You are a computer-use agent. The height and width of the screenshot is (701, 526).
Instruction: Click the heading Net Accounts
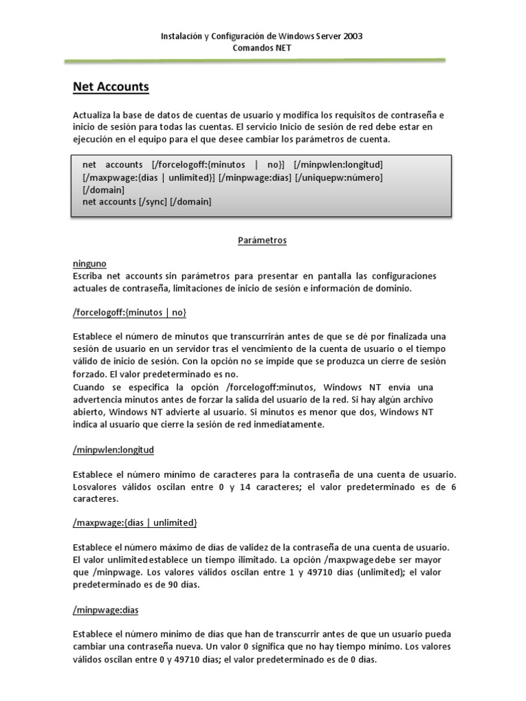111,87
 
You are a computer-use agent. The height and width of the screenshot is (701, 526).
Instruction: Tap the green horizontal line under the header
255,61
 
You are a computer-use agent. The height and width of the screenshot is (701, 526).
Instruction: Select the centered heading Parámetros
262,240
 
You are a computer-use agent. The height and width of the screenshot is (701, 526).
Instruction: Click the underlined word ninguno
89,264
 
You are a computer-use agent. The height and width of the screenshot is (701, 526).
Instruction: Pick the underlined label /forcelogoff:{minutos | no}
129,312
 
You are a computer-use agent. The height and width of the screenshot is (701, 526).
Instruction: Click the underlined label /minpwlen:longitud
114,450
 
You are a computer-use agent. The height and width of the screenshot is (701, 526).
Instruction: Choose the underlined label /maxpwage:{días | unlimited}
135,523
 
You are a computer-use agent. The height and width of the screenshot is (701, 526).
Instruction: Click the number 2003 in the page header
352,36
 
